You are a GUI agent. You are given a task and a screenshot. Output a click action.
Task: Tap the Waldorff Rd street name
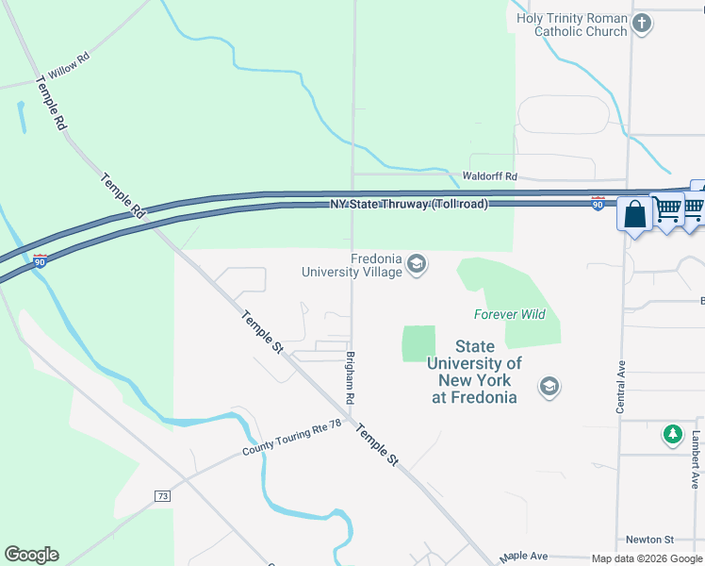(490, 176)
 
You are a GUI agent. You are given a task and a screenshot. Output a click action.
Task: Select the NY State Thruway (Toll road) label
(408, 204)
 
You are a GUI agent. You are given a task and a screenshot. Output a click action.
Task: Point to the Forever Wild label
(509, 314)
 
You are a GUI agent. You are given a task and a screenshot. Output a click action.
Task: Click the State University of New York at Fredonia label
(474, 372)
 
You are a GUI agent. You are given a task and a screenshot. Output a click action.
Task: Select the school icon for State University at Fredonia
(549, 386)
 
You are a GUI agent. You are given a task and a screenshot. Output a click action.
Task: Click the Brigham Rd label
(349, 378)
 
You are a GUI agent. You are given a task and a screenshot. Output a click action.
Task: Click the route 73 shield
(163, 495)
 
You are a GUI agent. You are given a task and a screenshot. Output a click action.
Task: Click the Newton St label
(650, 540)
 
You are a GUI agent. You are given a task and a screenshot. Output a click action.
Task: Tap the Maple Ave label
(523, 557)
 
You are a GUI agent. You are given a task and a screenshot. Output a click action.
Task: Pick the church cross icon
(642, 24)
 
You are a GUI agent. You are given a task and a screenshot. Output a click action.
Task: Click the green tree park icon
(672, 434)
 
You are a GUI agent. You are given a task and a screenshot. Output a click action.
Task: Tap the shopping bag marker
(635, 213)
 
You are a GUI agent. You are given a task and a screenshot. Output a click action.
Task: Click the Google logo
(31, 555)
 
